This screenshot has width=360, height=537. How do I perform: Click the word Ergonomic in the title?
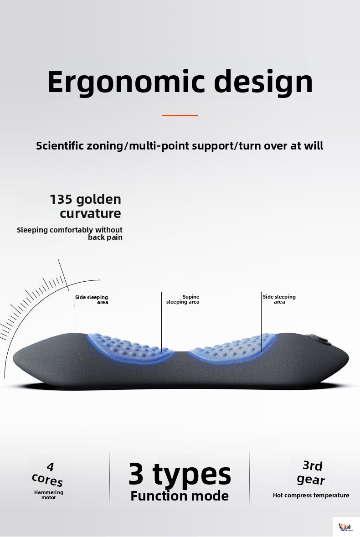pyautogui.click(x=126, y=82)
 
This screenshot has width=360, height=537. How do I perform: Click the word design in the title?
pyautogui.click(x=263, y=82)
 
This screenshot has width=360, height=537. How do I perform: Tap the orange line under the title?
pyautogui.click(x=180, y=115)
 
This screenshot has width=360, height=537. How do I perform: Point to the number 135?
pyautogui.click(x=61, y=199)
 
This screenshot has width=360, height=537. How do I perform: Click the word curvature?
pyautogui.click(x=90, y=213)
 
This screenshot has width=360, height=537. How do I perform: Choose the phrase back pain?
pyautogui.click(x=105, y=238)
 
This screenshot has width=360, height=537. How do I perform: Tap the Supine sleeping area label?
pyautogui.click(x=183, y=299)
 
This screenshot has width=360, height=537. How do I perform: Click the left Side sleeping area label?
pyautogui.click(x=92, y=299)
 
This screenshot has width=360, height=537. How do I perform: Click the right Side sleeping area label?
pyautogui.click(x=279, y=299)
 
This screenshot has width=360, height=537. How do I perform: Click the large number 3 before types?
pyautogui.click(x=136, y=474)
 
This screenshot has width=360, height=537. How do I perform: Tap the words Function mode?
pyautogui.click(x=180, y=496)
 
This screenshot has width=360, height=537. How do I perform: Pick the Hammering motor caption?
pyautogui.click(x=49, y=495)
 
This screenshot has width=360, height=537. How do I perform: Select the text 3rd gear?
pyautogui.click(x=311, y=473)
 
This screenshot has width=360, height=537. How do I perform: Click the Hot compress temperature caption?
pyautogui.click(x=311, y=495)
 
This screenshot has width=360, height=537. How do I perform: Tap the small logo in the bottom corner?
pyautogui.click(x=345, y=527)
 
